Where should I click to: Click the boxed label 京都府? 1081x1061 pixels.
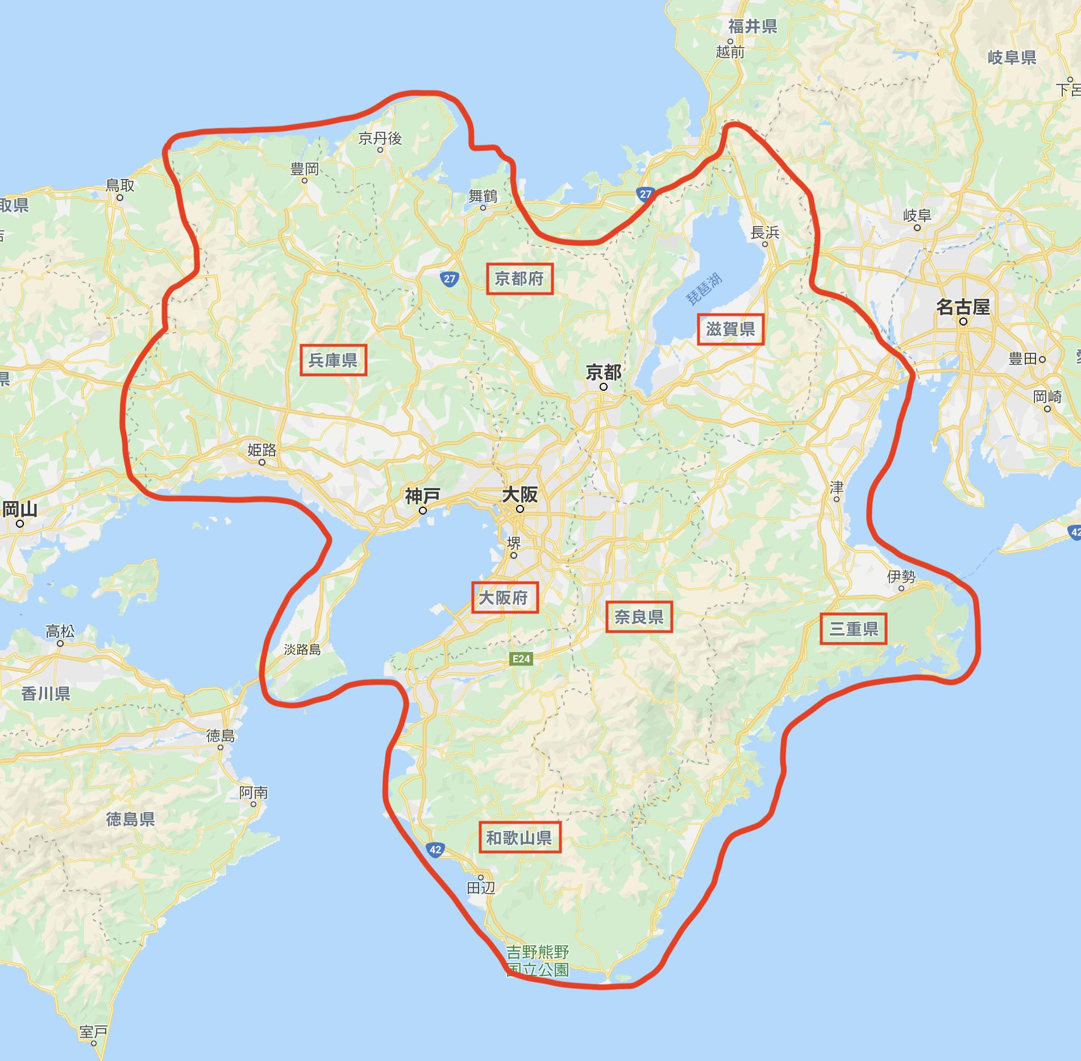pos(519,278)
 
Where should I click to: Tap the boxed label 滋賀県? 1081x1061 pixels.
pos(730,329)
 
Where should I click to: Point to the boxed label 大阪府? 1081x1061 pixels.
pos(504,597)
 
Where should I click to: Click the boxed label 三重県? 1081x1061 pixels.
pos(853,628)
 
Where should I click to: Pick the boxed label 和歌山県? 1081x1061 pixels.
pos(519,837)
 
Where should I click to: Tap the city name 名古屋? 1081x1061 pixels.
pos(963,307)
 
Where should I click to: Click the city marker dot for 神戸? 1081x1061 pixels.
pos(423,511)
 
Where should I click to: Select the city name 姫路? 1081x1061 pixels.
pos(262,450)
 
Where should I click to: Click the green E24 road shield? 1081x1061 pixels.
pos(521,659)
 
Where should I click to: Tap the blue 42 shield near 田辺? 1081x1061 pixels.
pos(435,850)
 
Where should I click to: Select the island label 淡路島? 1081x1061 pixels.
pos(302,650)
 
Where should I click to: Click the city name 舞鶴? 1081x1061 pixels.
pos(483,196)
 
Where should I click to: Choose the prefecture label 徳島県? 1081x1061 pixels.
pos(130,818)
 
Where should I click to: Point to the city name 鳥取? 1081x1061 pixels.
pos(120,185)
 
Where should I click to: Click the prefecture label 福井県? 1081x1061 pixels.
pos(752,26)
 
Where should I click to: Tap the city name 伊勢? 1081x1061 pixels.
pos(901,577)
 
